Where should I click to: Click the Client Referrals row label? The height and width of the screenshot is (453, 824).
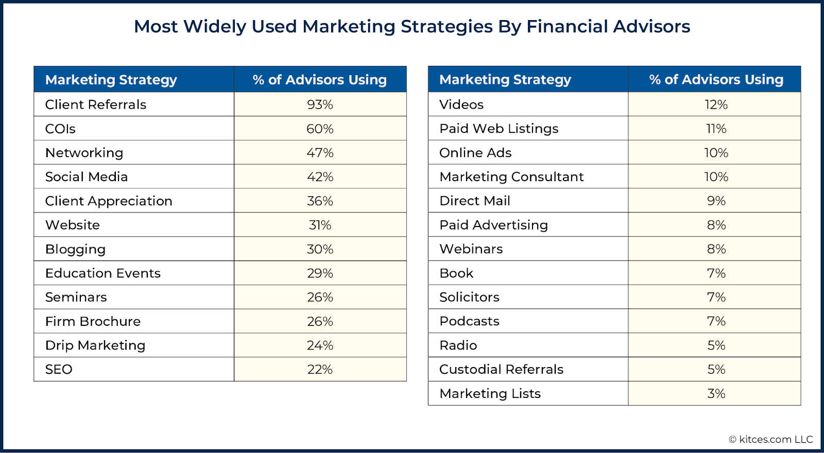click(96, 104)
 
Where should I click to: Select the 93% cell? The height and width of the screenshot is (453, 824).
click(320, 104)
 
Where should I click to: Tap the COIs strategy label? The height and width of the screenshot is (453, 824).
click(60, 129)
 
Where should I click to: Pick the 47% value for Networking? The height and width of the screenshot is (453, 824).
click(320, 153)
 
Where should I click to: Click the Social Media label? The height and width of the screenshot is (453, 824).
click(87, 177)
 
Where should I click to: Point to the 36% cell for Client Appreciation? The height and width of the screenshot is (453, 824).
click(320, 201)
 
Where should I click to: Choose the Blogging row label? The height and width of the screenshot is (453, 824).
click(75, 249)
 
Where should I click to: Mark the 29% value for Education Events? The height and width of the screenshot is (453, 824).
click(320, 273)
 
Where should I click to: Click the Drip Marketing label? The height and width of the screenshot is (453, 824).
click(95, 345)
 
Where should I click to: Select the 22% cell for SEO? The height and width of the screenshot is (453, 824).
click(320, 370)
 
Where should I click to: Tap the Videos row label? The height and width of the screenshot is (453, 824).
click(461, 104)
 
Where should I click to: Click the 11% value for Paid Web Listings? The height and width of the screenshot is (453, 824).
click(716, 129)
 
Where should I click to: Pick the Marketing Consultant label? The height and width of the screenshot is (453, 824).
click(511, 177)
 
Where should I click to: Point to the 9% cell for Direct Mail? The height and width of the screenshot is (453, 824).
click(716, 201)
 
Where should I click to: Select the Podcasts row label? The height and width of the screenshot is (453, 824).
click(469, 321)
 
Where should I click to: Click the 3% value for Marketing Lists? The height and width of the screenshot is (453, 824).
click(716, 394)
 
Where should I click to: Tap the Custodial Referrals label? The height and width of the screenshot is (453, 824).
click(501, 370)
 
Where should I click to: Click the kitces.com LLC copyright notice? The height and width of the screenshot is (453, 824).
click(771, 440)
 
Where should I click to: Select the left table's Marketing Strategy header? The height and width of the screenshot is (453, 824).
click(111, 80)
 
